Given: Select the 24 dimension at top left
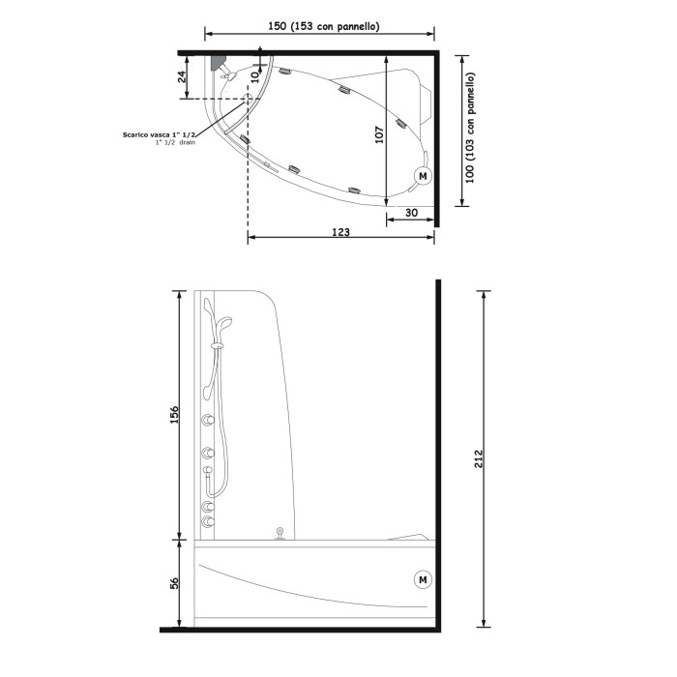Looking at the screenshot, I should point(182,77).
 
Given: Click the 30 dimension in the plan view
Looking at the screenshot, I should point(411,212).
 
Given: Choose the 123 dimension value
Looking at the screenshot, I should point(340,232).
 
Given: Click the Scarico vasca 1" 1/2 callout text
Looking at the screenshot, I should point(161,134).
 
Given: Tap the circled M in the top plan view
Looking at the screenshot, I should point(422,176).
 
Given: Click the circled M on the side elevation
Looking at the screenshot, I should point(423,579).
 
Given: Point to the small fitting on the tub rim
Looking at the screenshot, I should point(280,532).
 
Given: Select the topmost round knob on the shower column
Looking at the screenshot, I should point(207,419).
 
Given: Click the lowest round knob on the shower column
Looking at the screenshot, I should point(207,521).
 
